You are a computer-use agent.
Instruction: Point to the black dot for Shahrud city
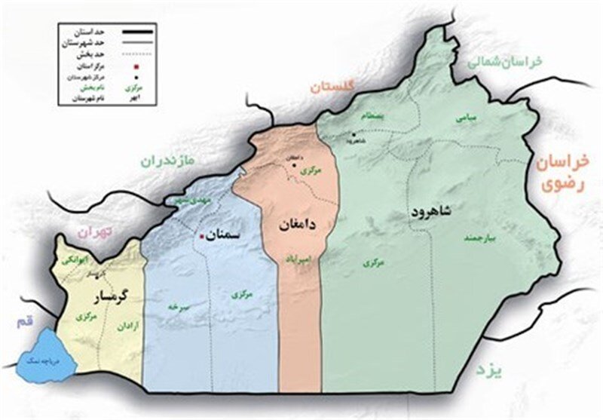point(353,134)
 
